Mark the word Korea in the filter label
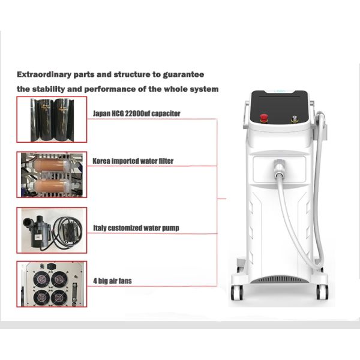[x=101, y=161]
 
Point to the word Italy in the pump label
[x=100, y=228]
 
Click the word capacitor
[x=164, y=113]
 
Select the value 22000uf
[x=134, y=113]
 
